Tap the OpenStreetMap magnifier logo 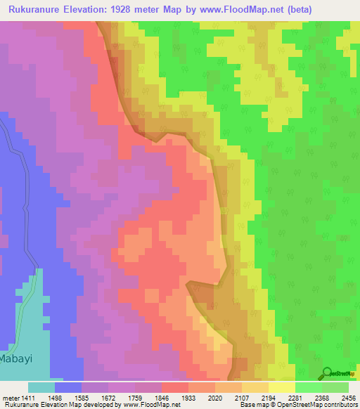pyautogui.click(x=327, y=373)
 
